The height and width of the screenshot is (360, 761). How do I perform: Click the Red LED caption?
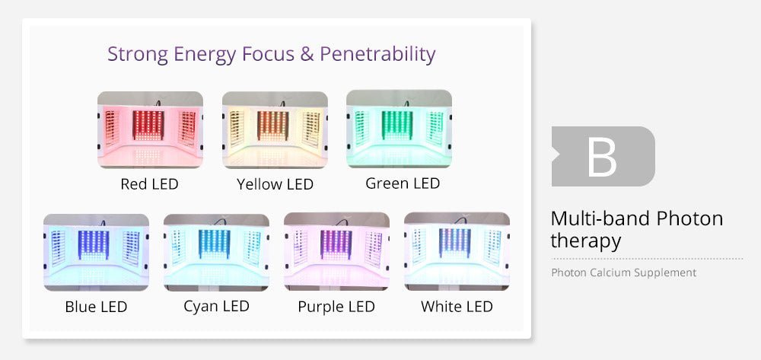point(149,184)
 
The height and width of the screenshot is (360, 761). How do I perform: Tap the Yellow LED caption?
point(275,184)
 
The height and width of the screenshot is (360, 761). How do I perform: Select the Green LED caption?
point(403,183)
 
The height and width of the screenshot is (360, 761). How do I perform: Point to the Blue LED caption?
point(96,307)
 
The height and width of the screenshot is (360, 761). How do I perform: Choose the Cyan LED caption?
point(216,306)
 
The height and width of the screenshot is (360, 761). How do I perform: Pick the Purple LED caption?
point(336,307)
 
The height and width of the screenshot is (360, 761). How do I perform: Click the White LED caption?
point(457,307)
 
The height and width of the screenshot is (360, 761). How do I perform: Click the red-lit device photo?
point(150,130)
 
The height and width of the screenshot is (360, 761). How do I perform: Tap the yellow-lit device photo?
point(275,130)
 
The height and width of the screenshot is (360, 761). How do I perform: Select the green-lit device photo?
point(399,129)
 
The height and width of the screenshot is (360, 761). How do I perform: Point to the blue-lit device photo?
point(96,252)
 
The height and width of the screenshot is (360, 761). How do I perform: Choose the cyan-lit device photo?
point(216,252)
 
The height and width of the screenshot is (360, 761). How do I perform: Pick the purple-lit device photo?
point(336,252)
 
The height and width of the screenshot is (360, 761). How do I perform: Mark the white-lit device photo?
point(457,251)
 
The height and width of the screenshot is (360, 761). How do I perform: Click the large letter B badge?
point(603,156)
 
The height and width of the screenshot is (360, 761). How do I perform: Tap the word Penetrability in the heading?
point(377,55)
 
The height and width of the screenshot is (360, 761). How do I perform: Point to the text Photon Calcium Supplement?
point(624,272)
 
